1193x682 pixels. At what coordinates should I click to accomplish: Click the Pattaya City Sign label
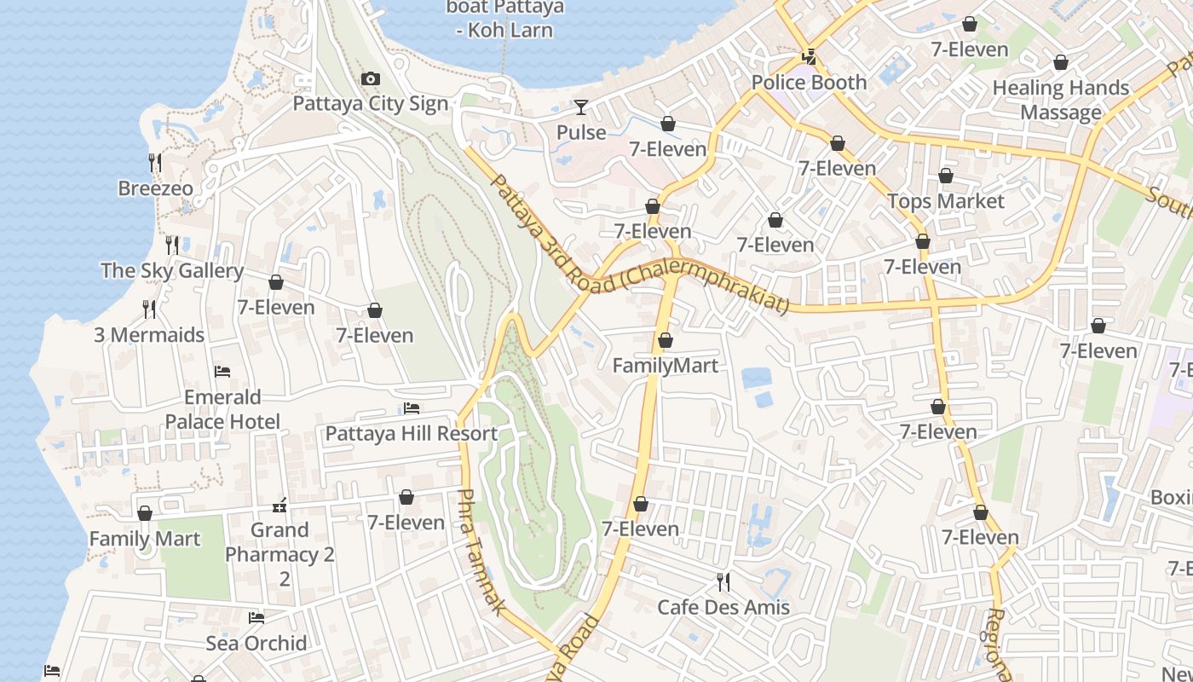point(370,103)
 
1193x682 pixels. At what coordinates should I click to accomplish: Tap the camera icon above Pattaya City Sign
point(370,79)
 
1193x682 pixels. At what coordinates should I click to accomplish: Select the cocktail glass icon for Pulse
point(581,107)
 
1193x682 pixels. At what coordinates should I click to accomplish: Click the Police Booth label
point(809,83)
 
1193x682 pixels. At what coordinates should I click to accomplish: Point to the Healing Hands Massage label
point(1060,100)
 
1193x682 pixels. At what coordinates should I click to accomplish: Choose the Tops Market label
point(946,201)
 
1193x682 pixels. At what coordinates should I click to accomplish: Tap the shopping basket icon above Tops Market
point(945,176)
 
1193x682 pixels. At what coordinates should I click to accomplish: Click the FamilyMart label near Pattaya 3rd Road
point(666,366)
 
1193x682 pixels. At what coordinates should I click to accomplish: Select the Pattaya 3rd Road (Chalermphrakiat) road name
point(639,247)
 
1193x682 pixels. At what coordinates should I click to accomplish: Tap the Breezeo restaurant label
point(155,188)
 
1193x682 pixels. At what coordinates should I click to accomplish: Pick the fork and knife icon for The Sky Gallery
point(172,246)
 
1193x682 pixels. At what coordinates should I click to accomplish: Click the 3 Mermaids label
point(149,335)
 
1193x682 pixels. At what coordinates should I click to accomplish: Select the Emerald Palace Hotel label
point(222,409)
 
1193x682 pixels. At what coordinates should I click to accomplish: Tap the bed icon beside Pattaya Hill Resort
point(412,408)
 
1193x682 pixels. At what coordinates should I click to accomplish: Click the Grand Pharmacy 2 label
point(280,542)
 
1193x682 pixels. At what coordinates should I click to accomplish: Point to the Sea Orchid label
point(256,643)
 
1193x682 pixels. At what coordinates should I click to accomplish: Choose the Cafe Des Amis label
point(723,607)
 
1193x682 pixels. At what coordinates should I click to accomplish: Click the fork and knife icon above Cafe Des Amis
point(723,582)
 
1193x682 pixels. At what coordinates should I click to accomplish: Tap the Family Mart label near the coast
point(145,539)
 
